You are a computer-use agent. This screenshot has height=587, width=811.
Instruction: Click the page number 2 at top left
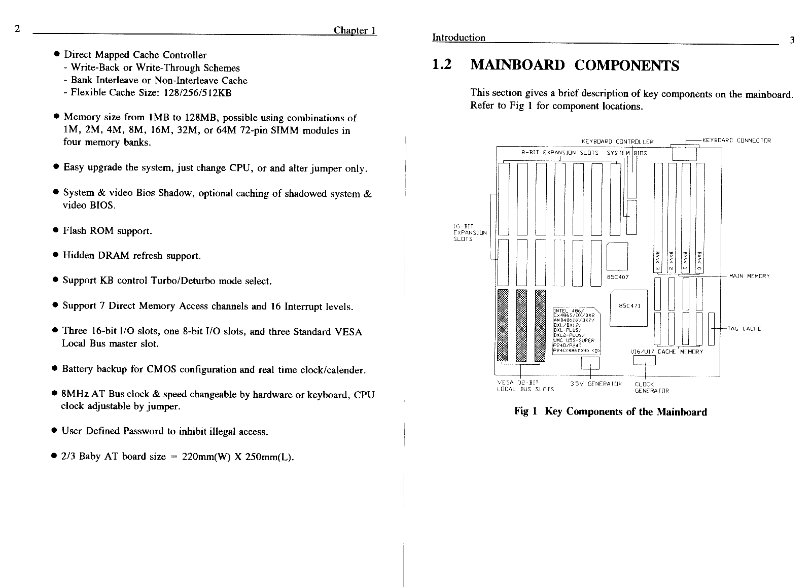pos(17,28)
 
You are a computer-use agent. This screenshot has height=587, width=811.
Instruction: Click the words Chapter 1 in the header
pos(355,30)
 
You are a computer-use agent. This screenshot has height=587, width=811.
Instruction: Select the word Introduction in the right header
pos(459,38)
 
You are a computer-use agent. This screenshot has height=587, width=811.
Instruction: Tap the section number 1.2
pos(441,65)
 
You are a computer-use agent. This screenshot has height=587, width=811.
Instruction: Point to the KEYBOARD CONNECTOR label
pos(736,141)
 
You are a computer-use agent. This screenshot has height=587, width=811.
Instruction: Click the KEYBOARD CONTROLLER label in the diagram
pos(617,142)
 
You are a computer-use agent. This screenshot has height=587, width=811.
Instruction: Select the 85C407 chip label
pos(618,277)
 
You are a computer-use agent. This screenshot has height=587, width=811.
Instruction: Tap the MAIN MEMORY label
pos(749,276)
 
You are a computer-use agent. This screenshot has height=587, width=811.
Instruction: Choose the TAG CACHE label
pos(744,329)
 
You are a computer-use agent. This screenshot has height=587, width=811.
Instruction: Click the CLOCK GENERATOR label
pos(651,388)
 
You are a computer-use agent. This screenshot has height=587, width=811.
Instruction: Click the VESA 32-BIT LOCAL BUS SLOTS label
pos(524,386)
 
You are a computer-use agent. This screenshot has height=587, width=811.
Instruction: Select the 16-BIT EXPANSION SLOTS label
pos(469,233)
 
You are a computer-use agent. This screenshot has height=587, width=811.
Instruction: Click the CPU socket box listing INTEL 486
pos(576,331)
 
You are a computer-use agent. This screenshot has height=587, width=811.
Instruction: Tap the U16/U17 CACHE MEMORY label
pos(666,352)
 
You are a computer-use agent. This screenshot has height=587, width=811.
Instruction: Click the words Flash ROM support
pos(107,231)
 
